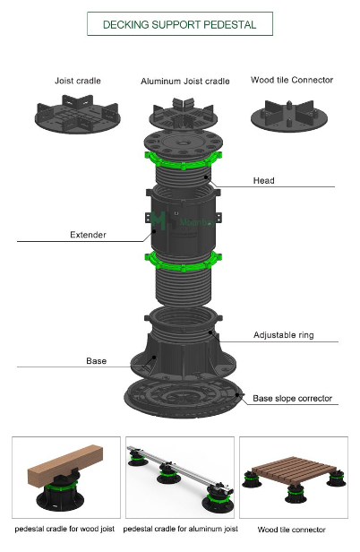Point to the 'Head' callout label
[x=264, y=181]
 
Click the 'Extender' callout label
[x=89, y=236]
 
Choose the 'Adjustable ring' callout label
[x=282, y=335]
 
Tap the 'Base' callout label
[x=96, y=361]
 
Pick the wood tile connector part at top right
[x=293, y=116]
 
